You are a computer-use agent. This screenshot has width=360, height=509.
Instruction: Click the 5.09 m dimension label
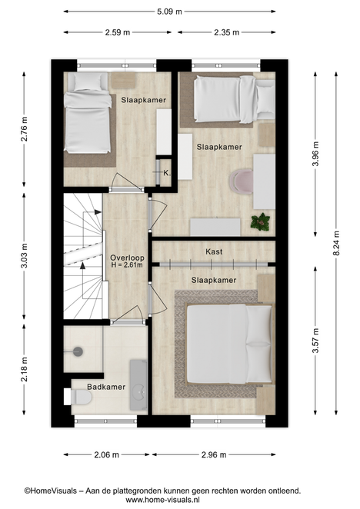point(169,12)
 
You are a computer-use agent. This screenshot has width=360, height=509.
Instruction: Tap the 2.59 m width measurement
point(117,32)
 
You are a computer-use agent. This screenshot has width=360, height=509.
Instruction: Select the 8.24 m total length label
point(336,243)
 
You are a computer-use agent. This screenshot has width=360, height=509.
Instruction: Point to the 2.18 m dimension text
point(25,369)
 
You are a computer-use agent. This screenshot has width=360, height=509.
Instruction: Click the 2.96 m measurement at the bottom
point(214,454)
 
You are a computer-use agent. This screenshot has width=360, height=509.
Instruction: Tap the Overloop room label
point(127,258)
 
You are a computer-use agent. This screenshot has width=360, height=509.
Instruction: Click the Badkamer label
point(106,387)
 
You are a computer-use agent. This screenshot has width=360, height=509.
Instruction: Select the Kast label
point(214,251)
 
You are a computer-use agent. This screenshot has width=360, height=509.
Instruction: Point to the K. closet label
point(167,173)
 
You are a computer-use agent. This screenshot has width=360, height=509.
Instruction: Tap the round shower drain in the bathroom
point(78,351)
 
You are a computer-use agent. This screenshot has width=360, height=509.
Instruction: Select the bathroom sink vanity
point(138,384)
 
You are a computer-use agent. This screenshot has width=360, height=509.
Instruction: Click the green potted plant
point(260,222)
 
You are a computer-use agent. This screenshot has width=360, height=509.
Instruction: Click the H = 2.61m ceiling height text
point(127,265)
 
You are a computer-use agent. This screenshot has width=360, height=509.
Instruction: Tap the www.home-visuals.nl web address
point(163,500)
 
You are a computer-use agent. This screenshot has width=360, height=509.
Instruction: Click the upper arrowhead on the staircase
point(98,212)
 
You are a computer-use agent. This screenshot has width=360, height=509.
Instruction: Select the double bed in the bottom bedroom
point(230,344)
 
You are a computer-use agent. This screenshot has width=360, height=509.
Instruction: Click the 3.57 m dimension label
point(315,341)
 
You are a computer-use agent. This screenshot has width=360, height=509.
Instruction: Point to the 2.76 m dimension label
point(25,129)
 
